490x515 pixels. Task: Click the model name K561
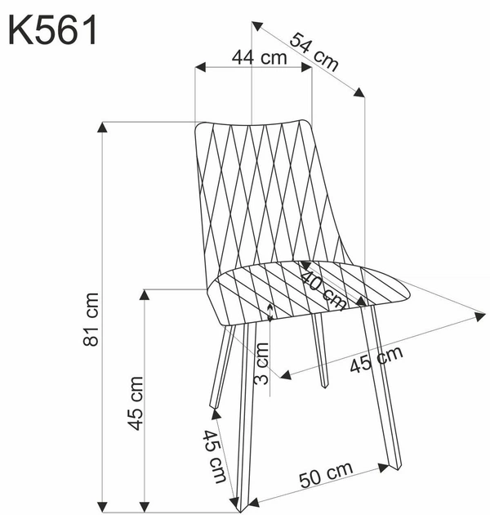coord(53,32)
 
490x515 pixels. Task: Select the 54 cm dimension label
coord(314,51)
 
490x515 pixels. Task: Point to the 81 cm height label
coord(91,319)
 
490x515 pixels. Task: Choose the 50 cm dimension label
coord(327,475)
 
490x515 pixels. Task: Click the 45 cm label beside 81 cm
coord(136,403)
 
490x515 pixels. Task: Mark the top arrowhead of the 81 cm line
coord(102,127)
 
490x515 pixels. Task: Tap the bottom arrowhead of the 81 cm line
coord(102,502)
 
